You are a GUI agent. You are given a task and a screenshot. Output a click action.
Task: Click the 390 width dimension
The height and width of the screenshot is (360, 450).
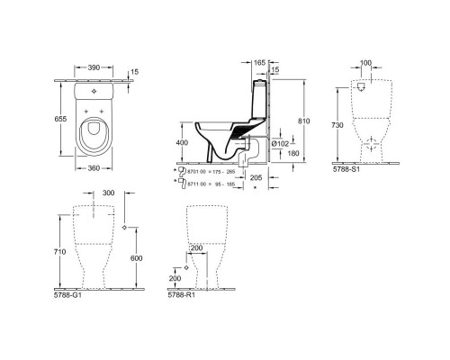click(x=94, y=68)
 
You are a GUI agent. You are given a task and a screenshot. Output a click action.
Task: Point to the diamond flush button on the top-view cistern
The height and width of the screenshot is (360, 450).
click(x=94, y=91)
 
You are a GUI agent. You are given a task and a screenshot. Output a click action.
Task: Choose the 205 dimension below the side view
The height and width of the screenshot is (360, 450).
click(x=256, y=178)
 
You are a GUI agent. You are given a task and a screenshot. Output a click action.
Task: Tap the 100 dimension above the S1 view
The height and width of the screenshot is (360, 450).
click(x=365, y=63)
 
